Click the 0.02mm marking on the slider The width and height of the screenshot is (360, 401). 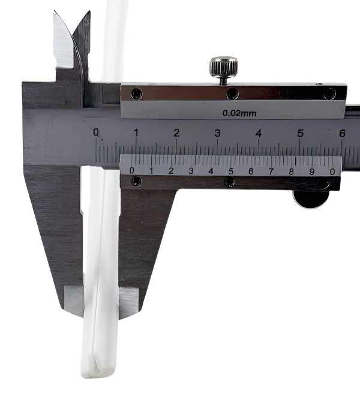(239, 113)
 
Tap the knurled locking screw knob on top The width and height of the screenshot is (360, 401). (224, 67)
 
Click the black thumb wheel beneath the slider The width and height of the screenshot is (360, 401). (311, 199)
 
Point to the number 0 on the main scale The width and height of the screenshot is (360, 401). (96, 132)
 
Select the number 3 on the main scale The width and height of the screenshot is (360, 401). (217, 133)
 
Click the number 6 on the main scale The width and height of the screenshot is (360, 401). (342, 134)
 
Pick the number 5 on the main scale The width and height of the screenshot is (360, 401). (301, 134)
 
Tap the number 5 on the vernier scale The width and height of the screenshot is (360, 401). (230, 171)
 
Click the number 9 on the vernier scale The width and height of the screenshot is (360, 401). (311, 171)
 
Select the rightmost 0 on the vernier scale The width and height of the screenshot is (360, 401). (332, 172)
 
